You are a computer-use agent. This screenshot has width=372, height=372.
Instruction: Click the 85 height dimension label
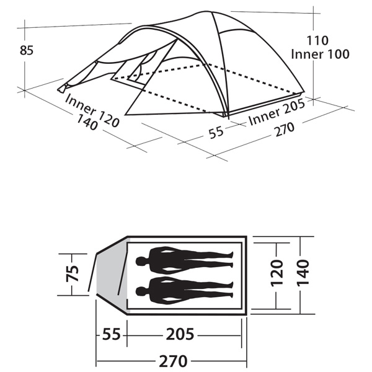(x=27, y=51)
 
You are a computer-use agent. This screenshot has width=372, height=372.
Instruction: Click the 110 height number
(x=317, y=40)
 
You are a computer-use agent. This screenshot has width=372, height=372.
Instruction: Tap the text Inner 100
(x=320, y=54)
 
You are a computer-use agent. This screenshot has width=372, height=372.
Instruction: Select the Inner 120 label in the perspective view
(x=92, y=111)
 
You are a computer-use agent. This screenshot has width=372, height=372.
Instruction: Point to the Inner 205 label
(x=277, y=112)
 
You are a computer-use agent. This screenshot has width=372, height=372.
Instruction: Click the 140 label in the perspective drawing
(x=87, y=122)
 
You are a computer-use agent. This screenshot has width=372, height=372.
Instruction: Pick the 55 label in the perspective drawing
(x=216, y=132)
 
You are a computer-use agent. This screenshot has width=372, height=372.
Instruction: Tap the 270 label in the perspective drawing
(x=285, y=130)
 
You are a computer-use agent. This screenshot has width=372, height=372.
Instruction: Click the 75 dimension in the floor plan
(x=73, y=273)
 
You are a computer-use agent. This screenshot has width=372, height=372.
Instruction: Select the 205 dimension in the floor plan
(x=180, y=335)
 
